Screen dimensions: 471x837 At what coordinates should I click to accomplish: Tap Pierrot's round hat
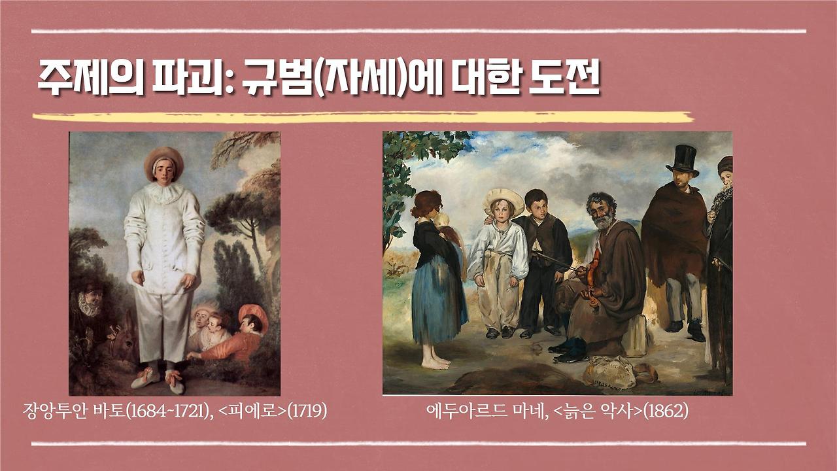click(163, 160)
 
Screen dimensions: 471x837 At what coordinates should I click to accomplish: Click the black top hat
click(683, 159)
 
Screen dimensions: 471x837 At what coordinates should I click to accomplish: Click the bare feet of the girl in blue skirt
click(435, 361)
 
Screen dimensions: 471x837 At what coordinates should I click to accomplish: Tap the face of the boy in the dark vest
click(536, 205)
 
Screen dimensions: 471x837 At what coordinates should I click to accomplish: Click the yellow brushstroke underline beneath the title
click(363, 118)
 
